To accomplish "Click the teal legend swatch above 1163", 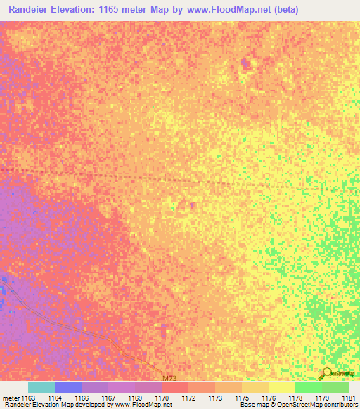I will pyautogui.click(x=41, y=387).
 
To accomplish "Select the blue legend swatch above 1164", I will pyautogui.click(x=68, y=387).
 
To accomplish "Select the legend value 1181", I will pyautogui.click(x=349, y=397).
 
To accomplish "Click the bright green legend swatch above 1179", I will pyautogui.click(x=308, y=387).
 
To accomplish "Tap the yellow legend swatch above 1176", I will pyautogui.click(x=281, y=387).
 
